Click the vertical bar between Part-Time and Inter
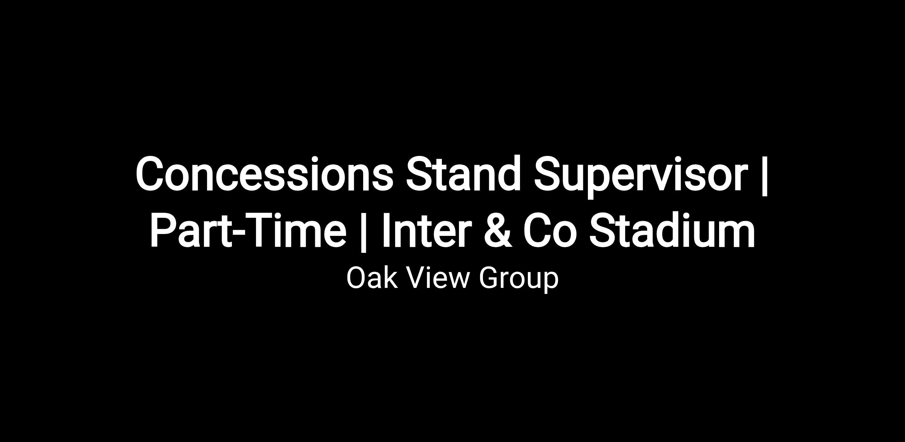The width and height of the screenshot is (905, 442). [363, 231]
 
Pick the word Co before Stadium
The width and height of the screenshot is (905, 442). [550, 230]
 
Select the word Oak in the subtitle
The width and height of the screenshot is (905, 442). [372, 278]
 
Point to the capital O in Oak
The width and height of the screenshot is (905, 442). [356, 278]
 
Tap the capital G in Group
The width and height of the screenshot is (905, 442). [489, 278]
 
